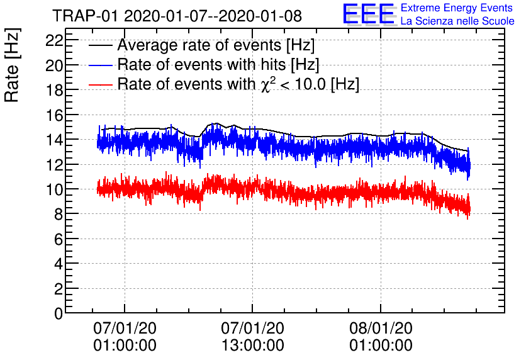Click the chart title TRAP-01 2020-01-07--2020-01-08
[177, 15]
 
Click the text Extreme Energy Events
[457, 8]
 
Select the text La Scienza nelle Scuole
[457, 21]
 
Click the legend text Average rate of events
[216, 46]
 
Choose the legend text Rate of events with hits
[218, 65]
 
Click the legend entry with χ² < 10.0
[238, 84]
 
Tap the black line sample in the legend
[100, 46]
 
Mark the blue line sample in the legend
[100, 65]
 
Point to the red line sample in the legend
[100, 84]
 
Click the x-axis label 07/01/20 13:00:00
[252, 337]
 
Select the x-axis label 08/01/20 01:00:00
[381, 337]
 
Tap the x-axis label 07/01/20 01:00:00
[125, 337]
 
